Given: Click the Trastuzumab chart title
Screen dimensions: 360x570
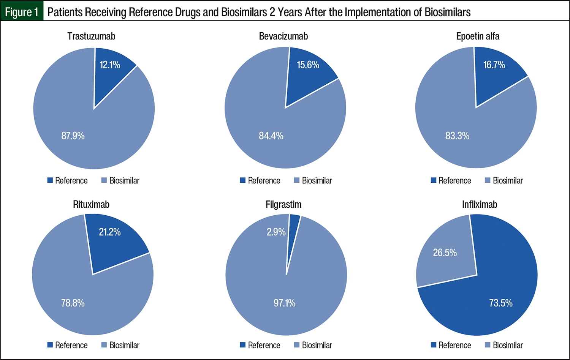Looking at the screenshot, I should pyautogui.click(x=91, y=36).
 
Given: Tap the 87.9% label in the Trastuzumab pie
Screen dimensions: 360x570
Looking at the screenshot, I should pyautogui.click(x=73, y=136).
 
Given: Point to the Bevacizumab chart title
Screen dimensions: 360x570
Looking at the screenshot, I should pyautogui.click(x=283, y=36).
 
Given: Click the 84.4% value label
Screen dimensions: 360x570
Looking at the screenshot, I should pyautogui.click(x=271, y=136).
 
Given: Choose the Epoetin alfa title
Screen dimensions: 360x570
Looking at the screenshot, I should pyautogui.click(x=478, y=36).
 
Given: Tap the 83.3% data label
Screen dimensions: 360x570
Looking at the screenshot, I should pyautogui.click(x=457, y=136).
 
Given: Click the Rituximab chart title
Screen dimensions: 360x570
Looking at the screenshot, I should pyautogui.click(x=91, y=205).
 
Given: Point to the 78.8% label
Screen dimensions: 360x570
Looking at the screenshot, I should pyautogui.click(x=73, y=303).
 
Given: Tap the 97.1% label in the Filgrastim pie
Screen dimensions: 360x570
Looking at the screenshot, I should pyautogui.click(x=284, y=303).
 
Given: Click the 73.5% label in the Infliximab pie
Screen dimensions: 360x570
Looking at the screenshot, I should pyautogui.click(x=501, y=303).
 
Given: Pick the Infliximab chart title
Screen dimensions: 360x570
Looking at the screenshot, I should pyautogui.click(x=480, y=205).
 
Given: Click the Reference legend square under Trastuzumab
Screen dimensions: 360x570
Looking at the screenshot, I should pyautogui.click(x=50, y=180).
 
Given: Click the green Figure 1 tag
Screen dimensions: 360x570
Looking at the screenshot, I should pyautogui.click(x=22, y=12).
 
